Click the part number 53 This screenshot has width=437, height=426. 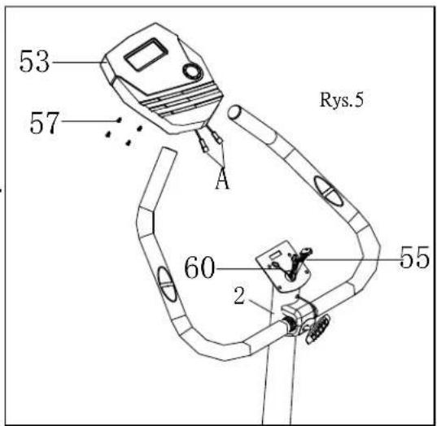[34, 61]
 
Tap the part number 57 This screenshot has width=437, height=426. [45, 123]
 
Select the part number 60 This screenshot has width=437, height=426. [199, 267]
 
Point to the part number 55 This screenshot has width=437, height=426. [414, 258]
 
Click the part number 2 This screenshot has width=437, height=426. [239, 295]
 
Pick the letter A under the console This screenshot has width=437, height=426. [222, 180]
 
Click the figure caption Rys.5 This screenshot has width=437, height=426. [342, 100]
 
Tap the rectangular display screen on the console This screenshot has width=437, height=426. [146, 54]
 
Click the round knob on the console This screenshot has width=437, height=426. [193, 72]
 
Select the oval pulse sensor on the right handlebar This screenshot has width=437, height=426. [328, 191]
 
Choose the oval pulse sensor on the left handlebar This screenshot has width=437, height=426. [167, 284]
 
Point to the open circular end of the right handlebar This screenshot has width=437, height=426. [234, 111]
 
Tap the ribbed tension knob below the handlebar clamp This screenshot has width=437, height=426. [318, 329]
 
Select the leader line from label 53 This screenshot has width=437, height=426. [77, 63]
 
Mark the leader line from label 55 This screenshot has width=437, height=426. [352, 259]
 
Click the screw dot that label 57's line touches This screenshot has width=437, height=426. [119, 120]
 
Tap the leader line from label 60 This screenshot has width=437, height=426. [251, 269]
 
